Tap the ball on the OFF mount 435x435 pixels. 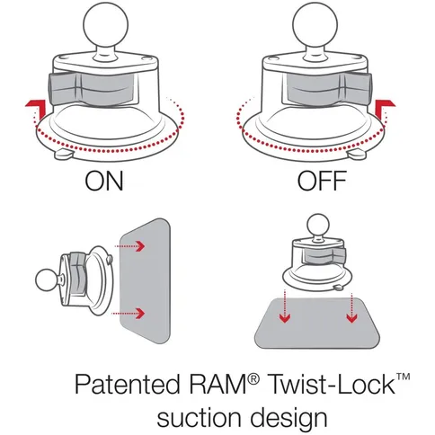pyautogui.click(x=323, y=23)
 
